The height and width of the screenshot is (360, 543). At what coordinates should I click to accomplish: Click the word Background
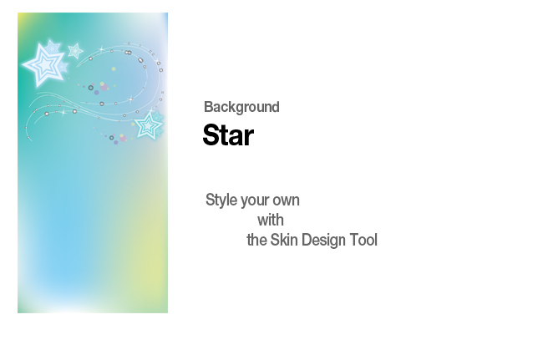click(241, 107)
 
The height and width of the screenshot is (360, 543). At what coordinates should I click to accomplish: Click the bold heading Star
click(228, 135)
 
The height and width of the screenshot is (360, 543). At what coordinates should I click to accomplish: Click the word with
click(271, 221)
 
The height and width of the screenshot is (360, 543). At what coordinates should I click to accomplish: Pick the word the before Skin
click(256, 240)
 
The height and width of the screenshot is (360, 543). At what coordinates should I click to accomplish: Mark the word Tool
click(363, 240)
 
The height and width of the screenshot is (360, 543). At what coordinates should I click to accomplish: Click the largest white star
click(44, 65)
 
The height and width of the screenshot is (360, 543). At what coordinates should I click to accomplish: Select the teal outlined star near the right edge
click(148, 125)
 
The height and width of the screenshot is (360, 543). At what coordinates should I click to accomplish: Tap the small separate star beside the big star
click(75, 51)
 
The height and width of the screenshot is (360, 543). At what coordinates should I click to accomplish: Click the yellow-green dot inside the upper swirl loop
click(114, 68)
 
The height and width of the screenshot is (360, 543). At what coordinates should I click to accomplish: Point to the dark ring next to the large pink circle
click(91, 88)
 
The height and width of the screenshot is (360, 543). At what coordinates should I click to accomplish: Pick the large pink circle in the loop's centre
click(104, 87)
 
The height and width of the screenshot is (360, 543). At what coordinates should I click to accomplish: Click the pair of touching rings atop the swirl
click(128, 53)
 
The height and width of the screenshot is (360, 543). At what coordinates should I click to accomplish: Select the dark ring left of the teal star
click(111, 138)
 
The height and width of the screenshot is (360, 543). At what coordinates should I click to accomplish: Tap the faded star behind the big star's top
click(53, 47)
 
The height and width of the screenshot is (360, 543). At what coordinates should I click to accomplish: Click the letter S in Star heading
click(211, 135)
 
